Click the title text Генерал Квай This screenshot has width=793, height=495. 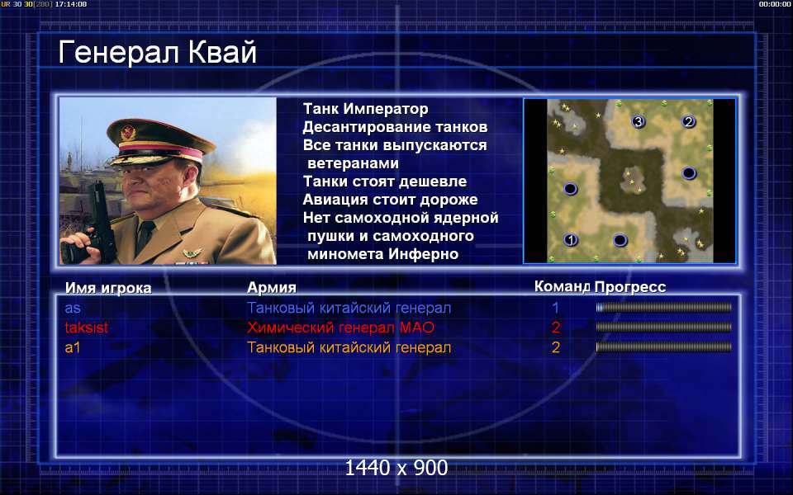tap(157, 52)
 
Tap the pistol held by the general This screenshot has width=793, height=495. tap(97, 222)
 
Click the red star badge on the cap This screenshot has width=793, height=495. tap(128, 133)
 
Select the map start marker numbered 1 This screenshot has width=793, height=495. tap(571, 240)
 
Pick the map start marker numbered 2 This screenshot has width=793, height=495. tap(688, 121)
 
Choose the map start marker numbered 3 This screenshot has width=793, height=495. tap(639, 121)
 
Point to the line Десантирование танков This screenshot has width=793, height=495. tap(395, 127)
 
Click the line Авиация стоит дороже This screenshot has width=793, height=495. tap(390, 200)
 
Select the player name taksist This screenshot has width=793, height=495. tap(87, 328)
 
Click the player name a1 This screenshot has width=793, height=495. tap(73, 347)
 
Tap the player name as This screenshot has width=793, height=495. tap(73, 308)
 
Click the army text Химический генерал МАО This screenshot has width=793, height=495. tap(340, 328)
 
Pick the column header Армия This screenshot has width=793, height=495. tap(272, 287)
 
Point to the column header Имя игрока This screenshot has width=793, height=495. tap(108, 288)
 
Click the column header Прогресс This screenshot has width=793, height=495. tap(630, 287)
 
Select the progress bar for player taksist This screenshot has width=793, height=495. tap(663, 328)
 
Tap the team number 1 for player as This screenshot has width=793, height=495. tap(555, 308)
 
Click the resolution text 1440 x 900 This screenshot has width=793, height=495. tap(396, 468)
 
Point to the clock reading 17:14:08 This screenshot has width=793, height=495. tap(71, 4)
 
